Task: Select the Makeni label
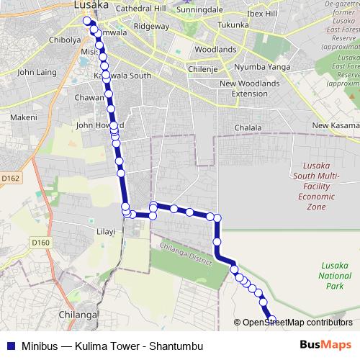tap(23, 117)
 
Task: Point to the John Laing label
tap(36, 72)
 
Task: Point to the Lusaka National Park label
tap(334, 276)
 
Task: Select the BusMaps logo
tap(326, 345)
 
